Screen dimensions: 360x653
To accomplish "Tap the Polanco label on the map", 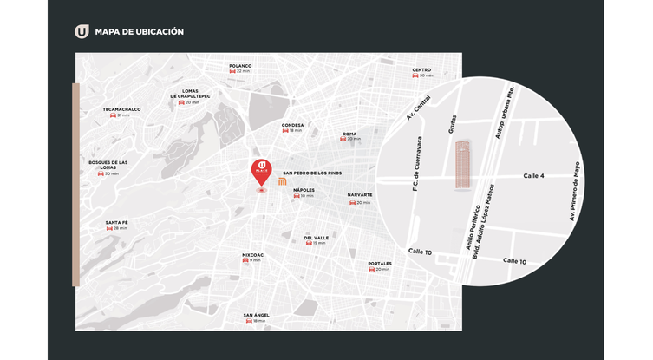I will (x=240, y=66).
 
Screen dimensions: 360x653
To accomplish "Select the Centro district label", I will (x=421, y=69).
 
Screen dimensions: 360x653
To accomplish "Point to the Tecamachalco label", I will (x=121, y=109).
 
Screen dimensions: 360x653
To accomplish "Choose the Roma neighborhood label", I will (x=349, y=134).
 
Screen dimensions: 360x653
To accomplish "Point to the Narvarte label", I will (x=360, y=194).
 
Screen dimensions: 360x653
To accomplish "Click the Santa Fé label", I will (x=117, y=223).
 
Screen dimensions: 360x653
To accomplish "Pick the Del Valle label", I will (x=316, y=238).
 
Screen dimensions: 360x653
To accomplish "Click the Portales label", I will (x=380, y=264).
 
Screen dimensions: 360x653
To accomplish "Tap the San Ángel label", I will (x=255, y=315).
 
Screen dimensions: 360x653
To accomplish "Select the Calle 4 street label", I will (x=534, y=176).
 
